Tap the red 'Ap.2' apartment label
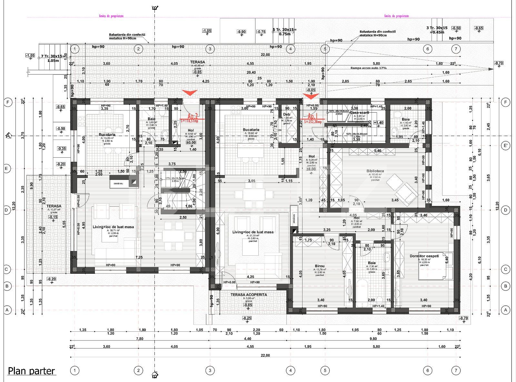[193, 115]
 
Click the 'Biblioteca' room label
[375, 171]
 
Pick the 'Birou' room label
[320, 266]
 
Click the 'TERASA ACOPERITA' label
[249, 295]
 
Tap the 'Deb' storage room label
[286, 114]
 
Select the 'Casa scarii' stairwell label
[359, 113]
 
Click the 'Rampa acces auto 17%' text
[369, 68]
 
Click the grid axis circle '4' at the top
[291, 49]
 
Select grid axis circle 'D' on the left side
[7, 210]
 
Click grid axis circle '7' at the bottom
[456, 370]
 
